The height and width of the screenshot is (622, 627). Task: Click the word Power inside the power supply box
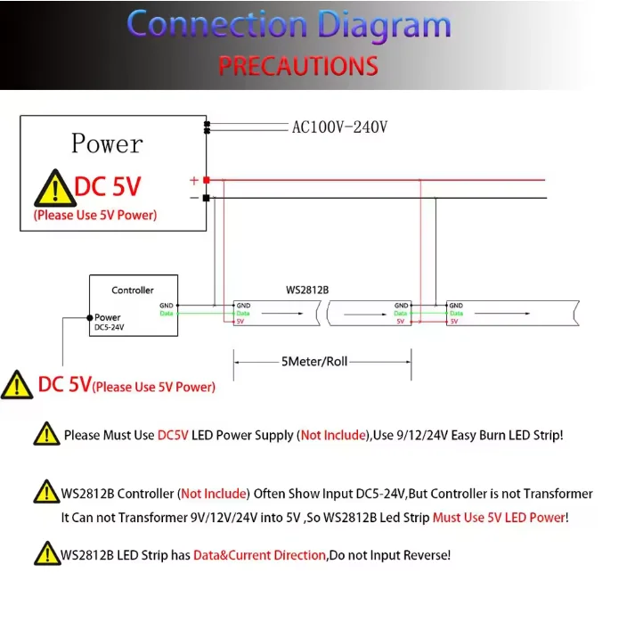pos(106,143)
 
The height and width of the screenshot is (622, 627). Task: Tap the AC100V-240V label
pos(339,127)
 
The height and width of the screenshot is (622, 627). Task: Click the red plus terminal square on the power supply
pos(207,180)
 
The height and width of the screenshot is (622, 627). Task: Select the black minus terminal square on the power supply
pos(207,198)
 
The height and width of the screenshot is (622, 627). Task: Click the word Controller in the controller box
pos(133,290)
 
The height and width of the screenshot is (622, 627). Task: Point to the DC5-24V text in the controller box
pos(109,328)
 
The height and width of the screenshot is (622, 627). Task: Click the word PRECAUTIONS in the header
pos(298,66)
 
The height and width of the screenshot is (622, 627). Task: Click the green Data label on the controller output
pos(167,314)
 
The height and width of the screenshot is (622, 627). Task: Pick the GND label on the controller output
pos(167,306)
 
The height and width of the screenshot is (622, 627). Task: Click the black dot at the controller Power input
pos(89,317)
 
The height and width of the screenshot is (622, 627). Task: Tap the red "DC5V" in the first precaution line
pos(175,436)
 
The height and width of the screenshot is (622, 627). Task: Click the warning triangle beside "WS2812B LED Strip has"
pos(46,553)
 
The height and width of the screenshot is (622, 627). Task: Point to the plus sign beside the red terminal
pos(194,180)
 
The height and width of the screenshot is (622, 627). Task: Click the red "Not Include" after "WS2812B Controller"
pos(215,494)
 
